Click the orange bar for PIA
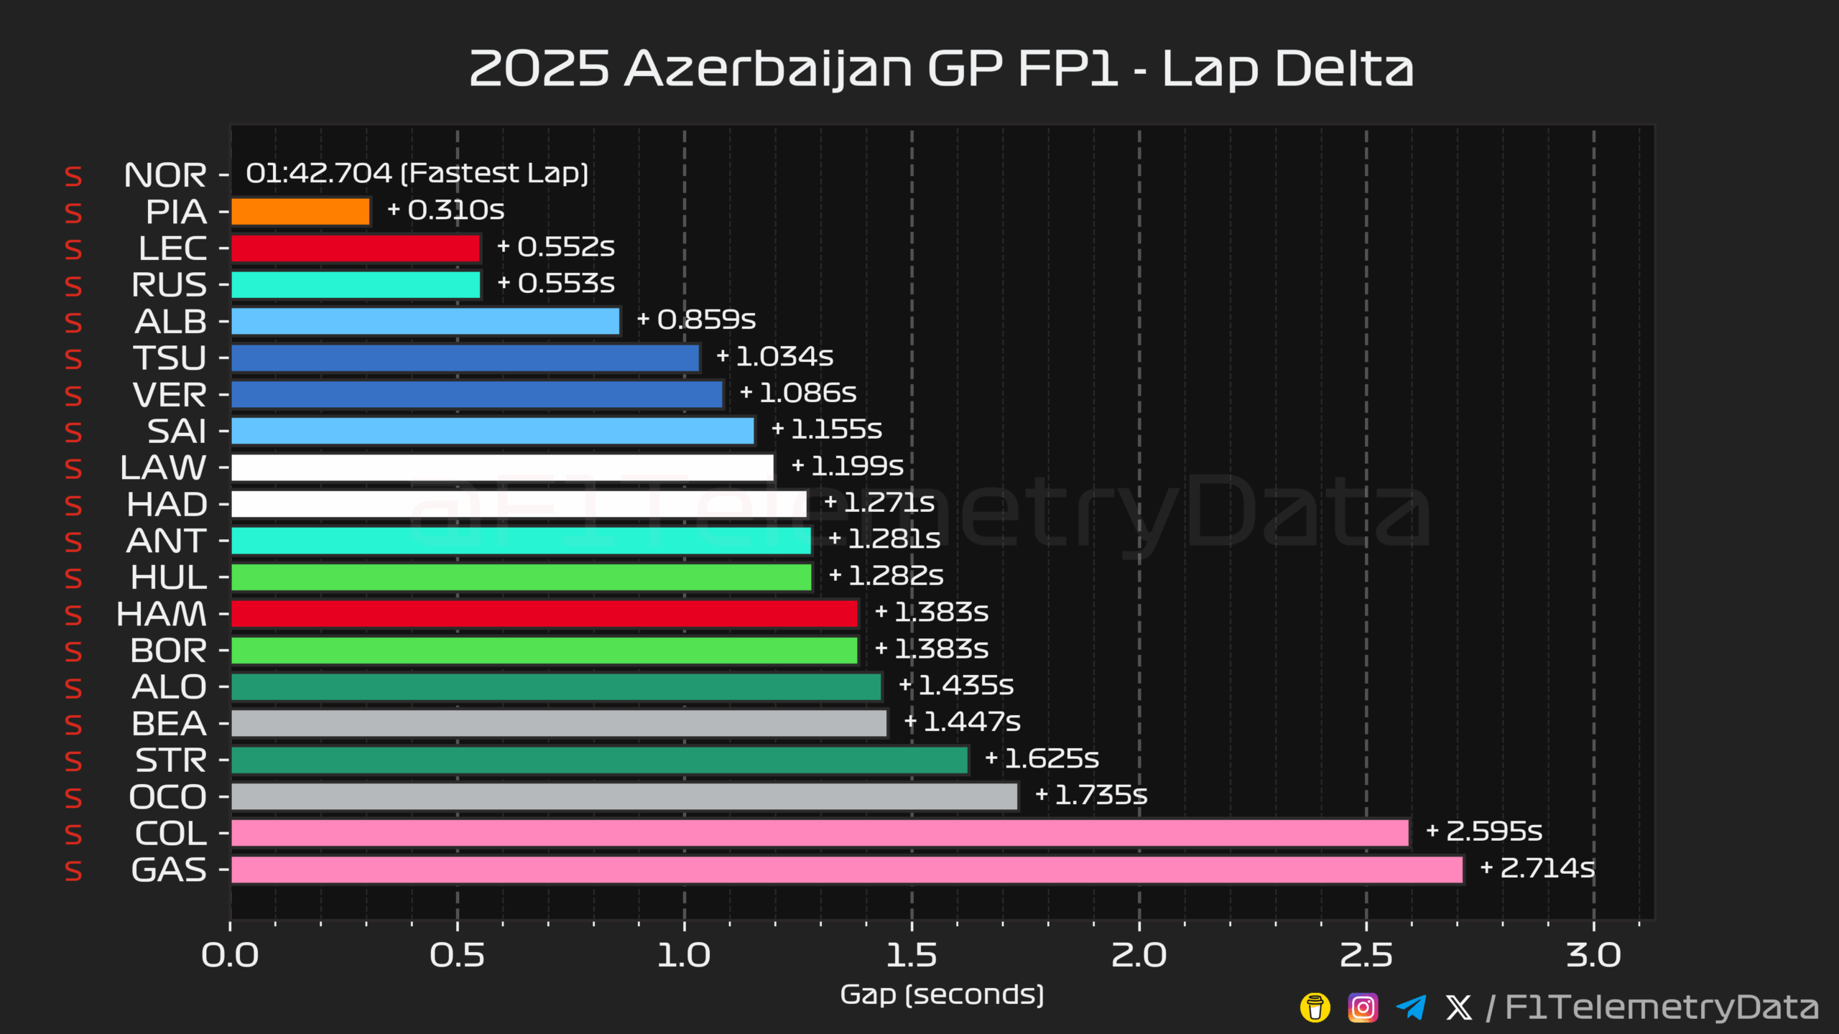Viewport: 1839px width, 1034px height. pos(300,212)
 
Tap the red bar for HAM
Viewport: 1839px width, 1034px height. pos(545,614)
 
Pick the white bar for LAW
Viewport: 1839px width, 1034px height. pos(502,467)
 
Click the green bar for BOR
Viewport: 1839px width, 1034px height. pos(545,651)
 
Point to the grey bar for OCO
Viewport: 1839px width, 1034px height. pos(624,796)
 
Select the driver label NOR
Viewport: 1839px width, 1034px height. pos(165,175)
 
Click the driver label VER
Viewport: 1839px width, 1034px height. pos(170,395)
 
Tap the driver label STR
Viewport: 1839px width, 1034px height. pos(171,760)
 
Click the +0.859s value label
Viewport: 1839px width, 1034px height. pos(696,320)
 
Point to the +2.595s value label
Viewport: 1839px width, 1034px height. pos(1484,832)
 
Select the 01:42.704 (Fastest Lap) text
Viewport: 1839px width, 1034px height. pos(417,174)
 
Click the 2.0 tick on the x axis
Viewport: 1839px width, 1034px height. pos(1139,956)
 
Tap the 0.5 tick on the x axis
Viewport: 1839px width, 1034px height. pos(457,956)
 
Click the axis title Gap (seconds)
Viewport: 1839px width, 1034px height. pos(942,995)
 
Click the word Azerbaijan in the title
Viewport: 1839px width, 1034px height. pos(769,70)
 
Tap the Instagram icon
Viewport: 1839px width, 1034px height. pos(1363,1007)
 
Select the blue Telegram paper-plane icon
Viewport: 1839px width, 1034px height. pos(1411,1007)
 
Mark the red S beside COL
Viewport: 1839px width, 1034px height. pos(73,834)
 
